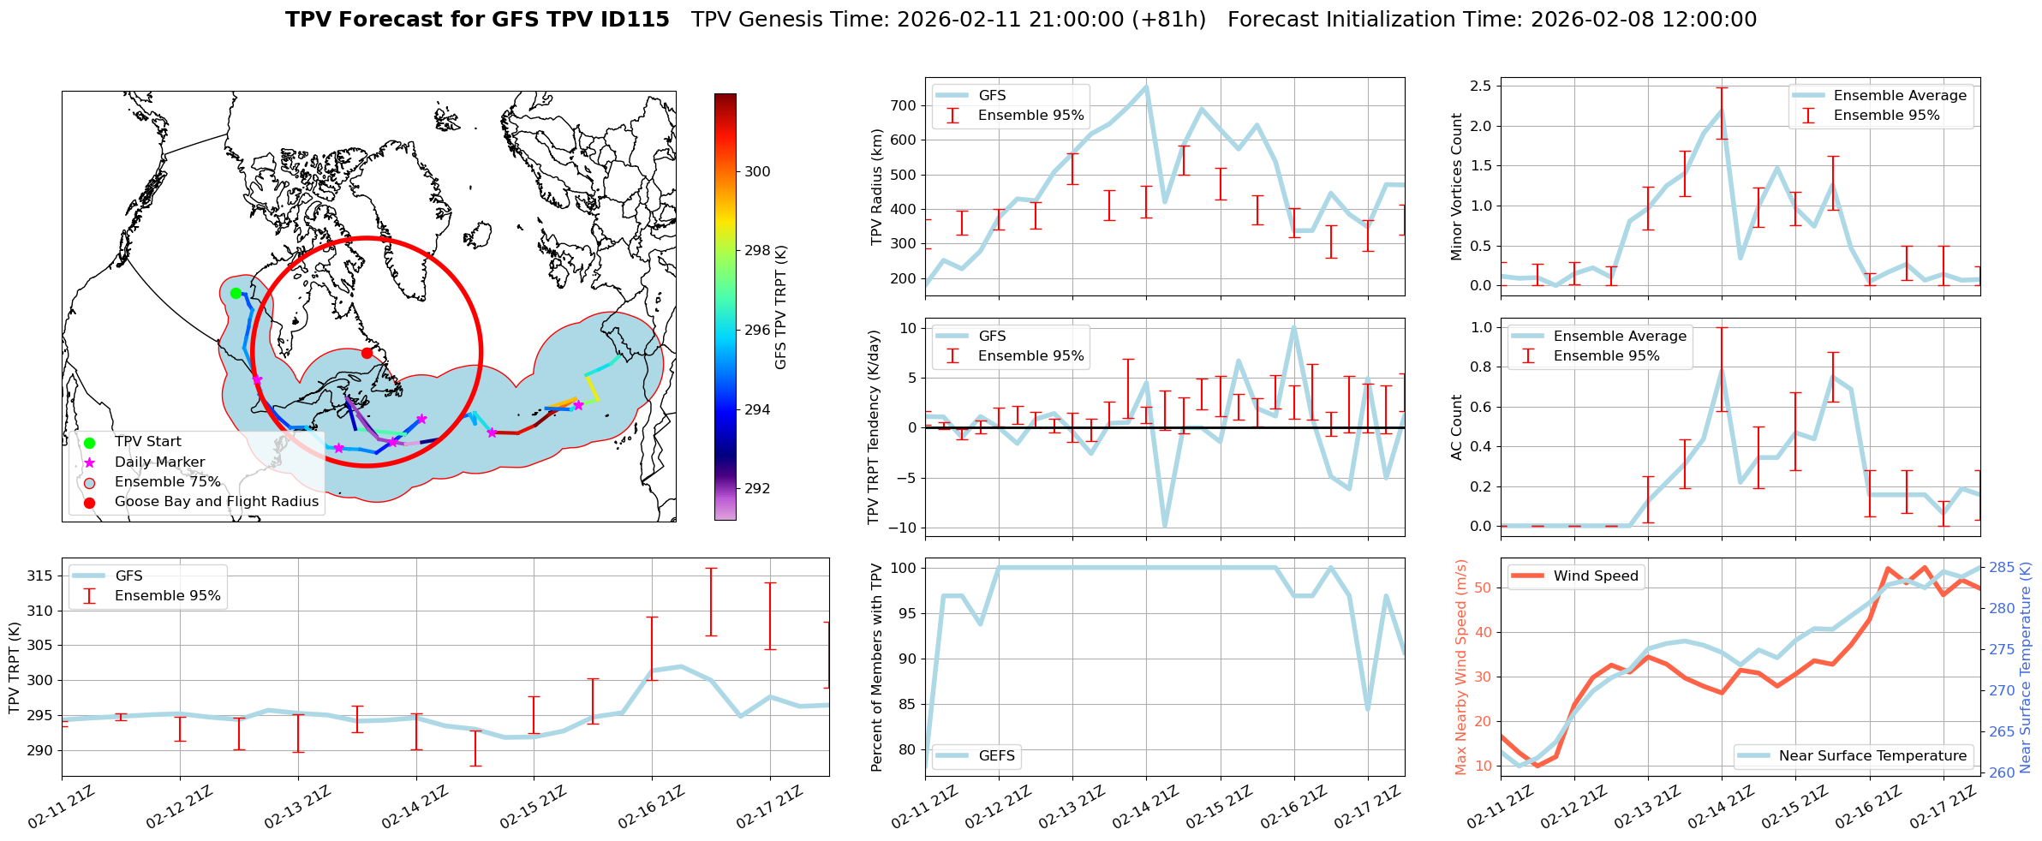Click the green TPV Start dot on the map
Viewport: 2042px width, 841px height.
pyautogui.click(x=236, y=293)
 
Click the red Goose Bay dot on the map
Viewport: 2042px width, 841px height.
pyautogui.click(x=367, y=353)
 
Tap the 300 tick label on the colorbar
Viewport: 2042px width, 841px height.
pyautogui.click(x=757, y=171)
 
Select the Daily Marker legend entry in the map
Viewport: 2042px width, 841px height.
pyautogui.click(x=159, y=462)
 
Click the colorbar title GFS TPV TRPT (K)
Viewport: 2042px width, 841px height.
pyautogui.click(x=780, y=307)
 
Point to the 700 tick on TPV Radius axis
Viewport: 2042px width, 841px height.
pyautogui.click(x=905, y=105)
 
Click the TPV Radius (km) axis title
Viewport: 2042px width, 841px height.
pyautogui.click(x=877, y=187)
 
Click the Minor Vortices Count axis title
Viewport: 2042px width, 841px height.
pyautogui.click(x=1456, y=187)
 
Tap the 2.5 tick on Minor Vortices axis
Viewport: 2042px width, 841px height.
pyautogui.click(x=1480, y=86)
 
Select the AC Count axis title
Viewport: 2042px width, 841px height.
pyautogui.click(x=1456, y=427)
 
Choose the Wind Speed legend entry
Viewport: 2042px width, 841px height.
pyautogui.click(x=1595, y=576)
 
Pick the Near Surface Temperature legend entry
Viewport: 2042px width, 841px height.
pyautogui.click(x=1872, y=755)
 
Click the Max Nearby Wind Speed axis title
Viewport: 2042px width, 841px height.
pyautogui.click(x=1461, y=667)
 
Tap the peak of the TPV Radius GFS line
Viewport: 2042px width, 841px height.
pyautogui.click(x=1146, y=86)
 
